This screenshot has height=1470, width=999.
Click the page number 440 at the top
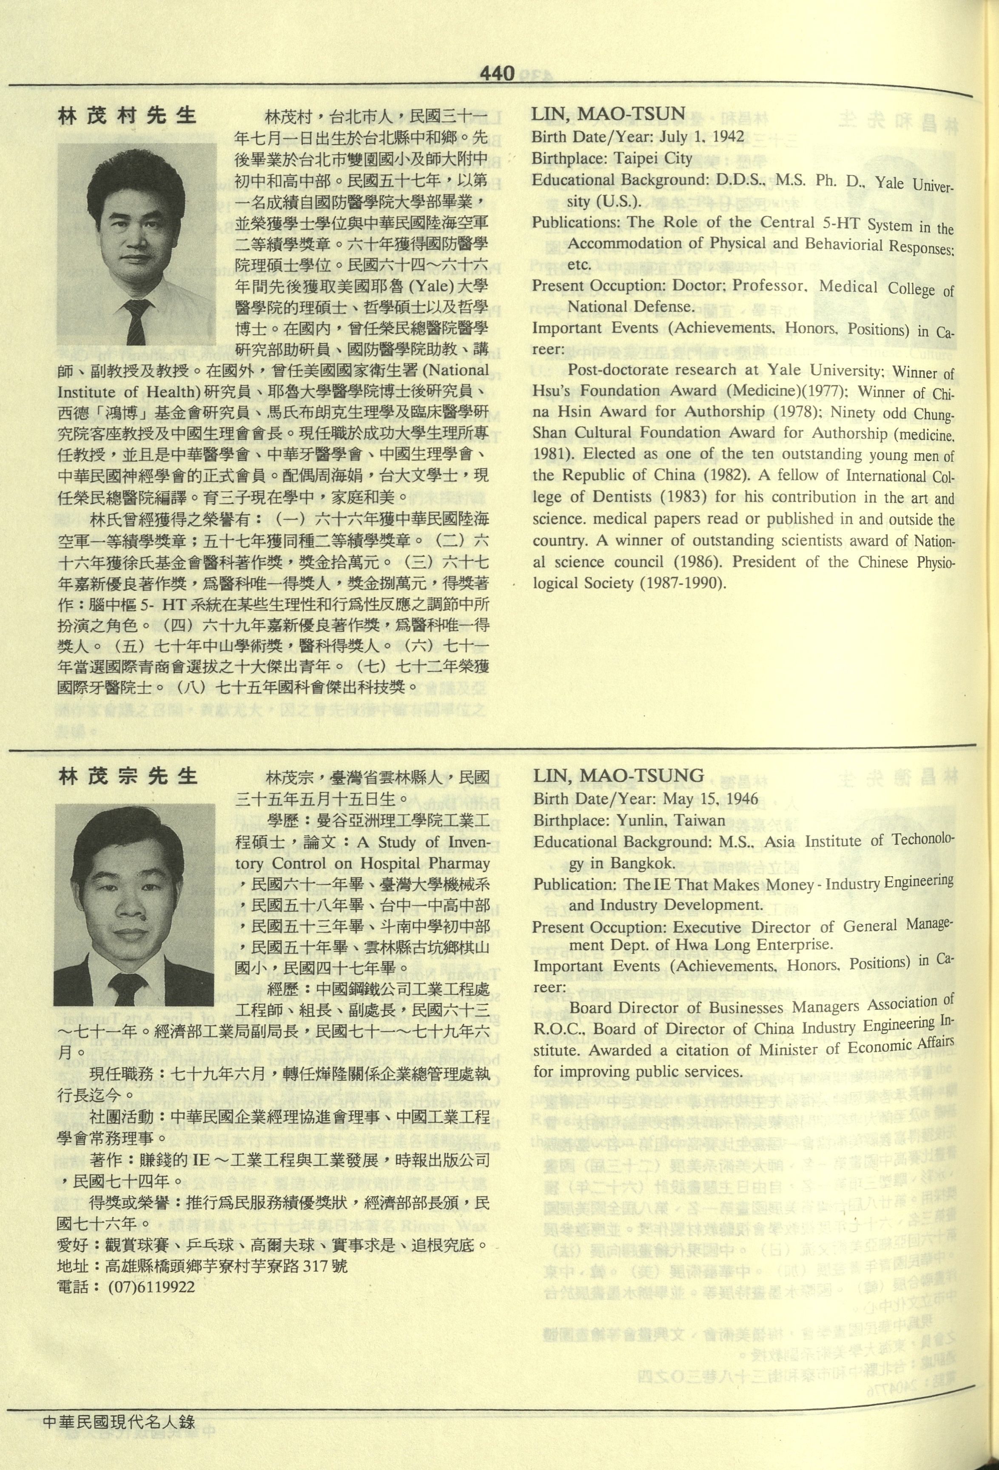pyautogui.click(x=497, y=74)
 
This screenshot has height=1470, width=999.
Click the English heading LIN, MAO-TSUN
pyautogui.click(x=608, y=114)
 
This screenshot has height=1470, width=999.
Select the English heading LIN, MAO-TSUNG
pyautogui.click(x=618, y=776)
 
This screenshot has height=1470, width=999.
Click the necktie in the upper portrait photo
pyautogui.click(x=138, y=322)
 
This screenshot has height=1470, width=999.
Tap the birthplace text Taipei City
pyautogui.click(x=653, y=158)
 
